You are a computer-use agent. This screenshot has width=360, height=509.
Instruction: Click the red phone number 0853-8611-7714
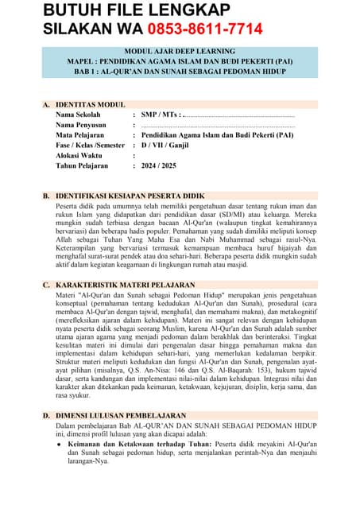click(x=204, y=29)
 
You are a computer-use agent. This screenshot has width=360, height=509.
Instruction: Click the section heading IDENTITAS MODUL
click(x=90, y=104)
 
